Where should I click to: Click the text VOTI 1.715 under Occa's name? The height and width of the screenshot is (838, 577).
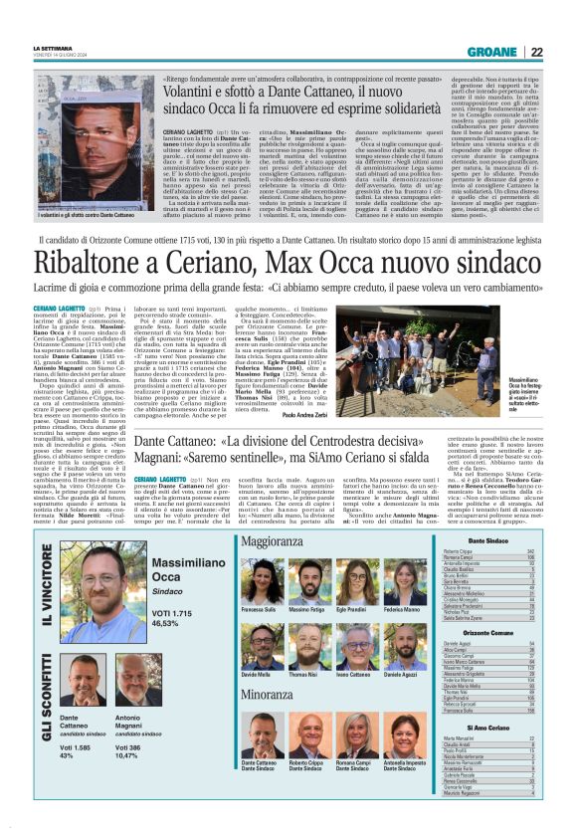(172, 614)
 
